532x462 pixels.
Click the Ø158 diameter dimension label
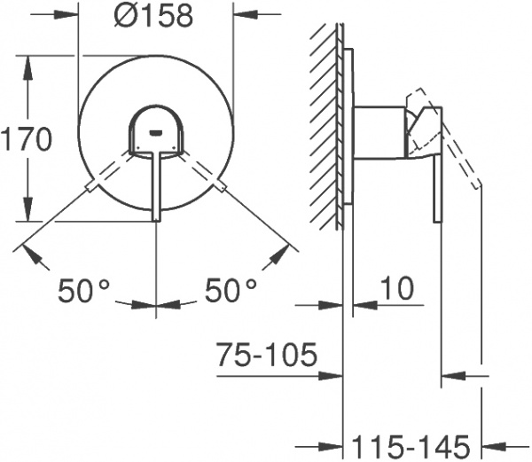coord(156,17)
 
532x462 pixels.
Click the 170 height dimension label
coord(27,139)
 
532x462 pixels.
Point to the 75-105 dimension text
coord(265,356)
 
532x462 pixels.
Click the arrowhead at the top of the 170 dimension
coord(31,63)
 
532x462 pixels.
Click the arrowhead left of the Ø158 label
coord(71,17)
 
